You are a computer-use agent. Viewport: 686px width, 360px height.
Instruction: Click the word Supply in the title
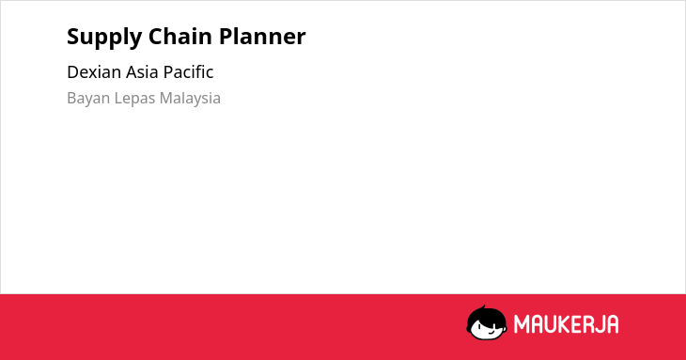pos(104,38)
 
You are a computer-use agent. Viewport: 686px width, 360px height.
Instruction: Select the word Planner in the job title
pos(262,36)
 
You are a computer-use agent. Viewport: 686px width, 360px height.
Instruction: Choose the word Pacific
pos(188,72)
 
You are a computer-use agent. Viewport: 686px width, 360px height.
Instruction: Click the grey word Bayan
pos(88,99)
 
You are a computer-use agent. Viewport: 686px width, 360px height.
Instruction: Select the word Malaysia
pos(190,99)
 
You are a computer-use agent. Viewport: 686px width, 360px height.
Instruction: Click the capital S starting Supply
pos(72,37)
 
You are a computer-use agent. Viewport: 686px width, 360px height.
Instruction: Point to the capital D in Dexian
pos(73,72)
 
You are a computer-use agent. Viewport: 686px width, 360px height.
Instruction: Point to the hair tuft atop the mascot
pos(484,307)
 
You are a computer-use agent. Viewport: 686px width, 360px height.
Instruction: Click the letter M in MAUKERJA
pos(522,324)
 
